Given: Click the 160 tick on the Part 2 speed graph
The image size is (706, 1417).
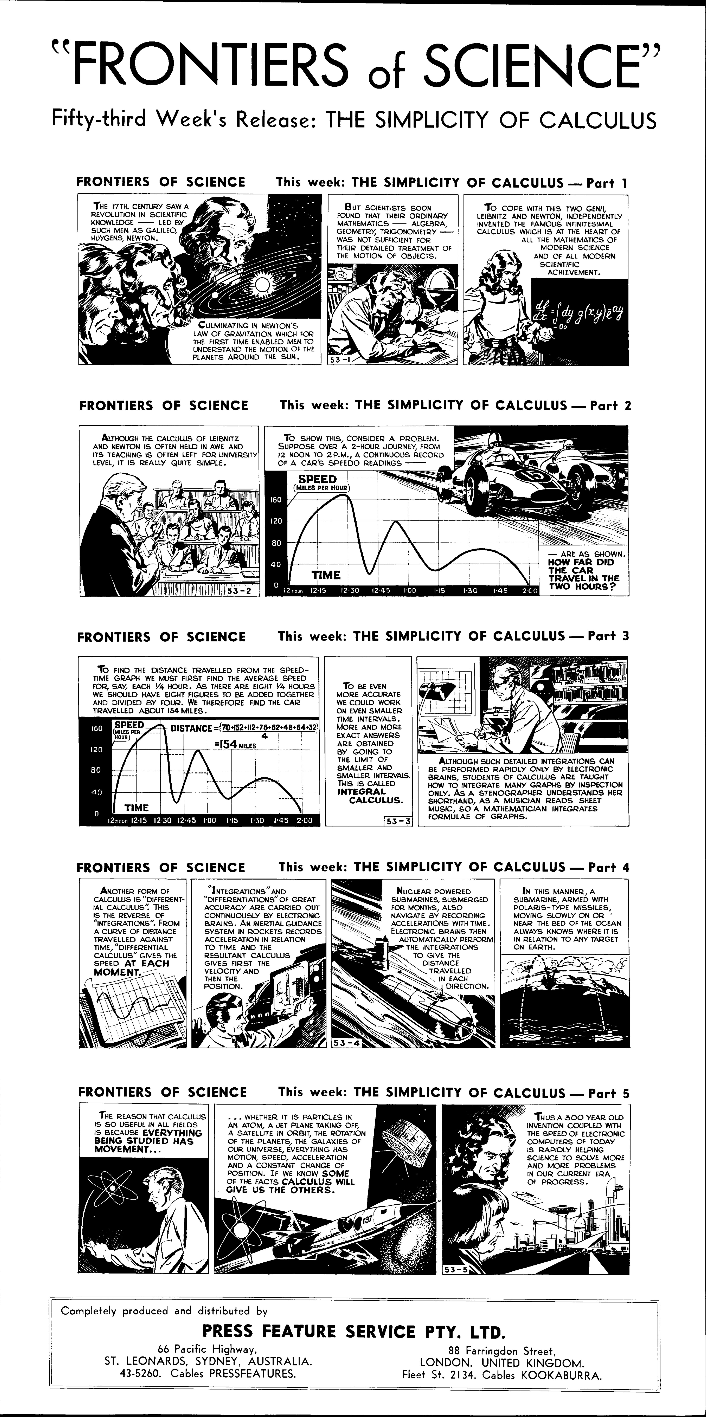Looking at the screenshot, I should [276, 500].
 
